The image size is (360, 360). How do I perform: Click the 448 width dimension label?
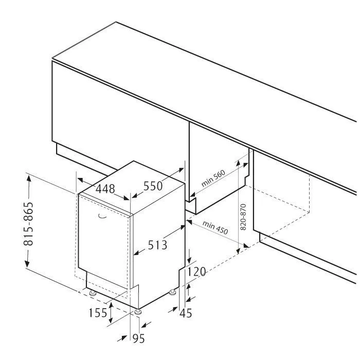click(105, 189)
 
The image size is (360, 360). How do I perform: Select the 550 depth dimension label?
click(153, 186)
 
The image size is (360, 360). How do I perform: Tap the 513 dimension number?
click(157, 245)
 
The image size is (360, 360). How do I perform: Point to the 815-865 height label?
click(28, 224)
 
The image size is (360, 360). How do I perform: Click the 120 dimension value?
click(196, 272)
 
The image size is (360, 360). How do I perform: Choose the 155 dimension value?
click(98, 313)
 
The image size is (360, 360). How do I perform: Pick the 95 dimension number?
click(139, 338)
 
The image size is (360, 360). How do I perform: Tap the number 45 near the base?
click(186, 313)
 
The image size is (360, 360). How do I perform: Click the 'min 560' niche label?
click(213, 178)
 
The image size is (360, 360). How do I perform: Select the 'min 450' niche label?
click(215, 227)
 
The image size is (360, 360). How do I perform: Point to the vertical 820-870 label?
click(243, 217)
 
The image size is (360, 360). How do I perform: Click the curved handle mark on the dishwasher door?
click(102, 216)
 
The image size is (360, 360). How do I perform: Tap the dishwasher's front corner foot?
click(138, 312)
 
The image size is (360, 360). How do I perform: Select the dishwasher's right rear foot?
click(172, 292)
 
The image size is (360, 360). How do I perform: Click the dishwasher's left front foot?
click(93, 293)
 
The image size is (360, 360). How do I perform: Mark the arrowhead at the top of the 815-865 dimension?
click(29, 178)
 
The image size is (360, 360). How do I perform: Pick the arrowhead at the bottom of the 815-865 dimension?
click(27, 264)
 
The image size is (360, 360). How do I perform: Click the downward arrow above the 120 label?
click(189, 256)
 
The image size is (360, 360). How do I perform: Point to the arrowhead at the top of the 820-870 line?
click(238, 163)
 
